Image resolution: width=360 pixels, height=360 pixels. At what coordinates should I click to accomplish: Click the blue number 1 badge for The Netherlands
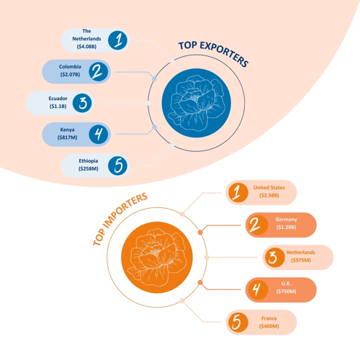[x=117, y=40]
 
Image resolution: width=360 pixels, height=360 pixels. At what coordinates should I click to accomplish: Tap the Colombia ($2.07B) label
[x=70, y=71]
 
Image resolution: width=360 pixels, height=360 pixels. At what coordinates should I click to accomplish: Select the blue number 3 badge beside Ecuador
[x=82, y=103]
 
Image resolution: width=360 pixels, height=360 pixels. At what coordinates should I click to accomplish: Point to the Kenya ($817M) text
[x=67, y=133]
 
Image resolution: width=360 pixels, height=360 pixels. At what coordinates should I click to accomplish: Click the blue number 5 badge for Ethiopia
[x=117, y=166]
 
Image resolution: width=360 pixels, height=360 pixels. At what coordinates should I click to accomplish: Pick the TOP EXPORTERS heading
[x=214, y=53]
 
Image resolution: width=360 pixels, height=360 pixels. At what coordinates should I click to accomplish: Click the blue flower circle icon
[x=197, y=103]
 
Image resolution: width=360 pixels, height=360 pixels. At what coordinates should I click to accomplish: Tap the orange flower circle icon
[x=157, y=257]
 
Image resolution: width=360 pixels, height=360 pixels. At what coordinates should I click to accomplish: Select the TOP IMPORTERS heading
[x=120, y=219]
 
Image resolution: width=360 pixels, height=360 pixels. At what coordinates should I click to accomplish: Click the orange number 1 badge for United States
[x=238, y=192]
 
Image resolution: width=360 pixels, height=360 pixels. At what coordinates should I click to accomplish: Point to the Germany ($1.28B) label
[x=286, y=223]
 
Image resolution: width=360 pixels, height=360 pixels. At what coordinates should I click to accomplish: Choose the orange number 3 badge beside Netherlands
[x=275, y=257]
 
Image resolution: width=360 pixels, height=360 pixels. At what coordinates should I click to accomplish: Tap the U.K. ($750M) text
[x=286, y=287]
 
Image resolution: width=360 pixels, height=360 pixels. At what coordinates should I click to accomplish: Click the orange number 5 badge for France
[x=238, y=323]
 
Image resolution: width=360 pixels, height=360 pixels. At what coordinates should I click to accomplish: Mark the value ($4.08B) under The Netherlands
[x=86, y=46]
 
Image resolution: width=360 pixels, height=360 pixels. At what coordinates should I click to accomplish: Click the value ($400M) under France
[x=269, y=326]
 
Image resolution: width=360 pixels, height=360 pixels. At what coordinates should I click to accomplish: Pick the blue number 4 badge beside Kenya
[x=99, y=134]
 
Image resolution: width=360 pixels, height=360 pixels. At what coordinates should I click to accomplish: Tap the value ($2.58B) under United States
[x=269, y=195]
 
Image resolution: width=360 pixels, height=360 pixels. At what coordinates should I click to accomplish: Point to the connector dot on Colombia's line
[x=155, y=78]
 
